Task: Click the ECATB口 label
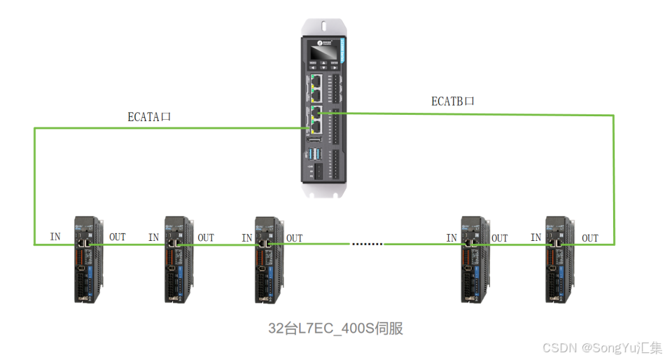[x=452, y=102]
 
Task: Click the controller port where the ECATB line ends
[x=317, y=112]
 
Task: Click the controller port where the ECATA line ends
[x=315, y=127]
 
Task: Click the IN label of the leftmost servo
[x=55, y=237]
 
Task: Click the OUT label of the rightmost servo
[x=590, y=238]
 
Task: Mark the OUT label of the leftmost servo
[x=117, y=237]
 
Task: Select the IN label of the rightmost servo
[x=535, y=237]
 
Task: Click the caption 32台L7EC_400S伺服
[x=336, y=328]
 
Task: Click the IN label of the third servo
[x=246, y=238]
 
